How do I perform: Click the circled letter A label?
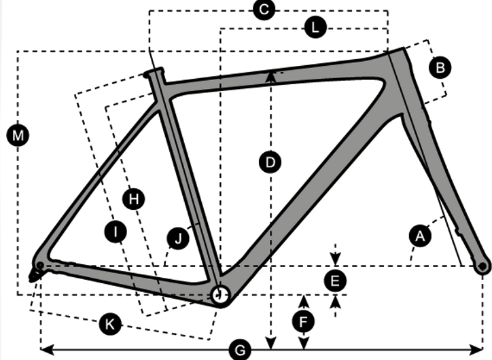click(420, 236)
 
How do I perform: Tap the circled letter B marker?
click(440, 67)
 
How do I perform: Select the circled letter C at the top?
click(263, 10)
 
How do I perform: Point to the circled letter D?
click(270, 162)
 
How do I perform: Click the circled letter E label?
click(334, 280)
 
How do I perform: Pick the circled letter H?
click(134, 198)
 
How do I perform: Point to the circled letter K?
click(109, 323)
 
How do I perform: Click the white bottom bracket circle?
click(219, 294)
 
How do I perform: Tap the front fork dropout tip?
click(482, 266)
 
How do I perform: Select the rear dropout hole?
click(39, 264)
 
